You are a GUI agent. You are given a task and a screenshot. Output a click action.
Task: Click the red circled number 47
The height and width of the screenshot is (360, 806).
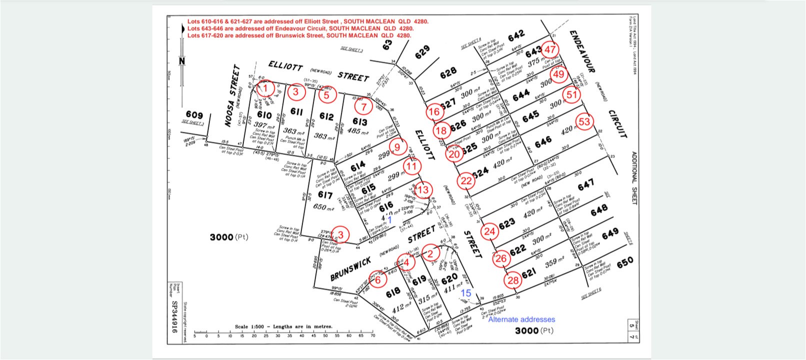coord(550,49)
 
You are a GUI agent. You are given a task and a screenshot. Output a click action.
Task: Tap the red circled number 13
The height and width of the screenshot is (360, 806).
coord(423,190)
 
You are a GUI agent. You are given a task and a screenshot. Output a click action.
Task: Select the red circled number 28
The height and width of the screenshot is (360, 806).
coord(513,280)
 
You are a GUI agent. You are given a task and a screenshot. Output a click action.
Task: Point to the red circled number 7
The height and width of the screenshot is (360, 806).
coord(363,106)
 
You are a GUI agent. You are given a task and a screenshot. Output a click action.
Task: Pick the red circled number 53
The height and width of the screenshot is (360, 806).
coord(584,121)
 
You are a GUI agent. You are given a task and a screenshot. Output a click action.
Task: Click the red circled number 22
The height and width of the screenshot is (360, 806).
coord(466,181)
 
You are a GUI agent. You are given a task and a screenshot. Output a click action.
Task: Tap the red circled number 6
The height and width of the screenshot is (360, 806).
coord(377,279)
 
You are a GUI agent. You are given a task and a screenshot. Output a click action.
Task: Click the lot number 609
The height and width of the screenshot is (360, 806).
coord(194,115)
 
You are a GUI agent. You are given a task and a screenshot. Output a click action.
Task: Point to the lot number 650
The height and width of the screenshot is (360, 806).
coord(625,261)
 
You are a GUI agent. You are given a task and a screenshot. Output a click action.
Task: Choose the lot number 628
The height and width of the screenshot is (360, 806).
coord(448,74)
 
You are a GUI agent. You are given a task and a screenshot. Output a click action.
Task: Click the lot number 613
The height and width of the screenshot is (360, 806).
coord(359,121)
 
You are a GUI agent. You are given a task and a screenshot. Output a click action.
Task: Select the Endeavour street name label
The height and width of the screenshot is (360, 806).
coord(581,51)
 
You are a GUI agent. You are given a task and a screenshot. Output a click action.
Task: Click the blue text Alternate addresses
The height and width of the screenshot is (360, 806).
coord(521,319)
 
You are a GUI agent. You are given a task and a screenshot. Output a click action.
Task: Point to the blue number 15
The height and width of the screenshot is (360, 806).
coord(466,293)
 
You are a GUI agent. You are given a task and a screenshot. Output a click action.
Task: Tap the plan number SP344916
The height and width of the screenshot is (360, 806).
coord(174,316)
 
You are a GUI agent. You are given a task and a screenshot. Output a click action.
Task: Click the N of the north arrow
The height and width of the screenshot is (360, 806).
coord(182,61)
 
